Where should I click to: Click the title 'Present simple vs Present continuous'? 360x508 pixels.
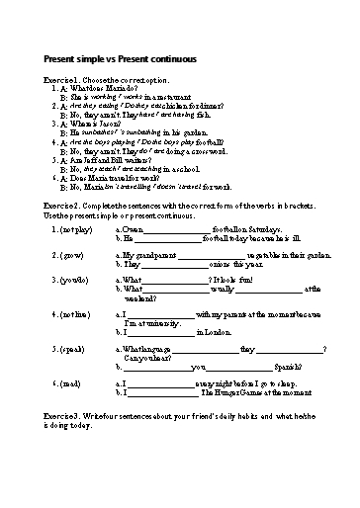[121, 59]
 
